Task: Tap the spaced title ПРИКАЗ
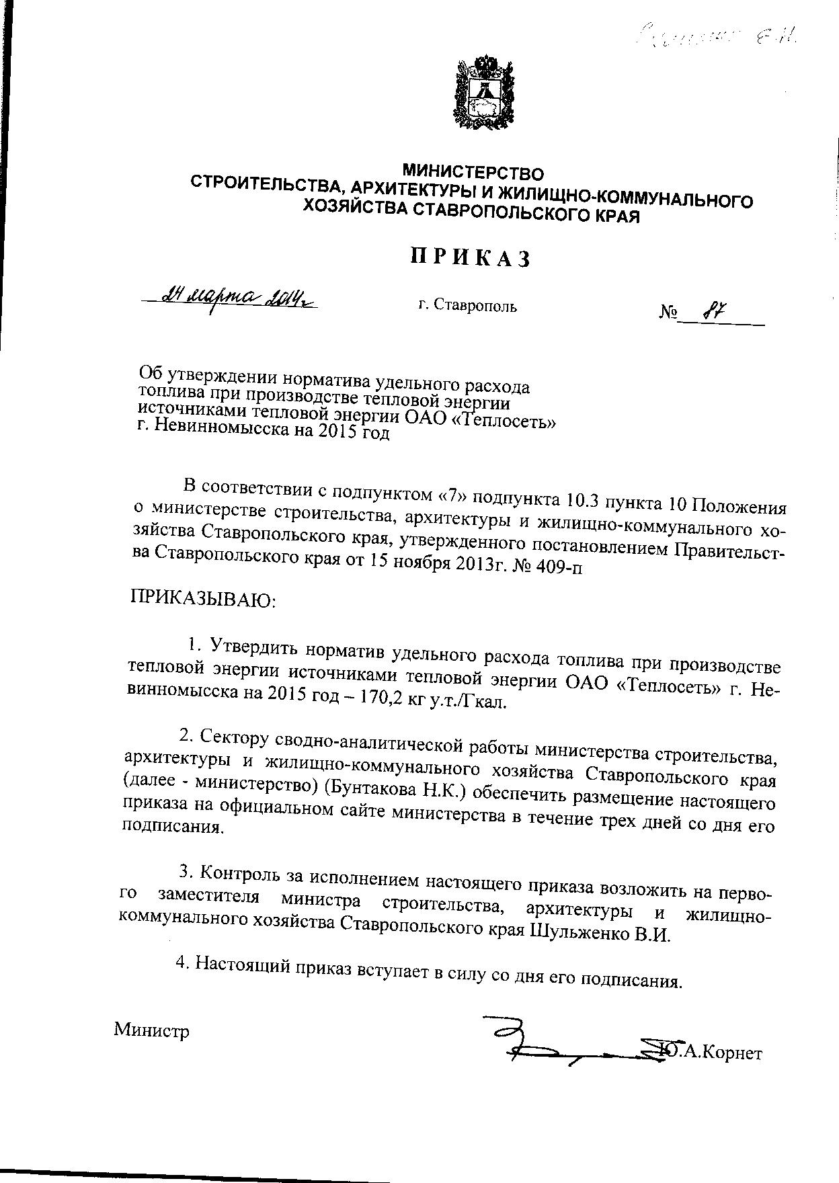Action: point(471,257)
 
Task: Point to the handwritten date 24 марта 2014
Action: point(232,295)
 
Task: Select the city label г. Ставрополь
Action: point(467,307)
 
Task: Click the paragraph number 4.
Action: point(180,963)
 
